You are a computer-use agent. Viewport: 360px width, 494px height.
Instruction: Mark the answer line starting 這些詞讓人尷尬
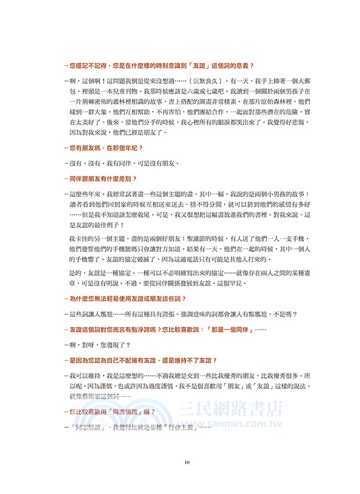[179, 314]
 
